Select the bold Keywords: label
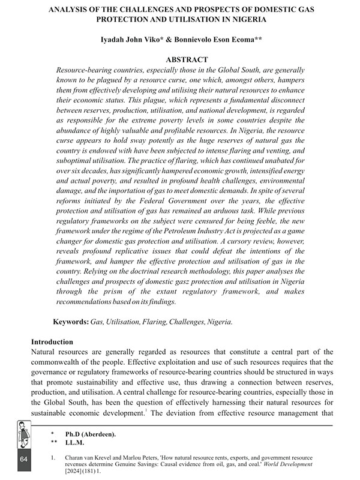pos(71,322)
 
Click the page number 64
pos(24,459)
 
